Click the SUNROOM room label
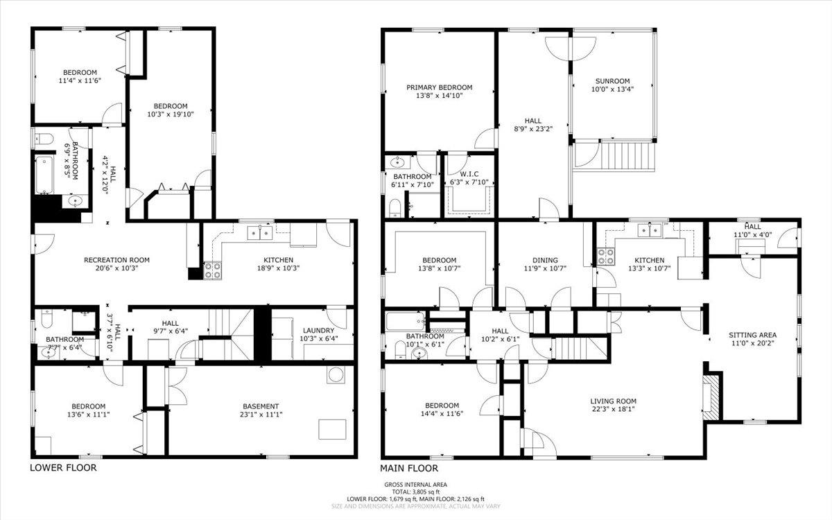pyautogui.click(x=612, y=80)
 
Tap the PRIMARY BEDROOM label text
pyautogui.click(x=439, y=87)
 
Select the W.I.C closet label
pyautogui.click(x=470, y=174)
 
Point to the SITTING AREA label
pyautogui.click(x=752, y=335)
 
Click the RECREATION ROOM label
pyautogui.click(x=116, y=260)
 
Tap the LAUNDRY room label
pyautogui.click(x=318, y=330)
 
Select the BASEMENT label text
pyautogui.click(x=261, y=406)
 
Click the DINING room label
pyautogui.click(x=540, y=260)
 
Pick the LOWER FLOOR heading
pyautogui.click(x=63, y=468)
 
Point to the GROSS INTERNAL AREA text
pyautogui.click(x=415, y=485)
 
